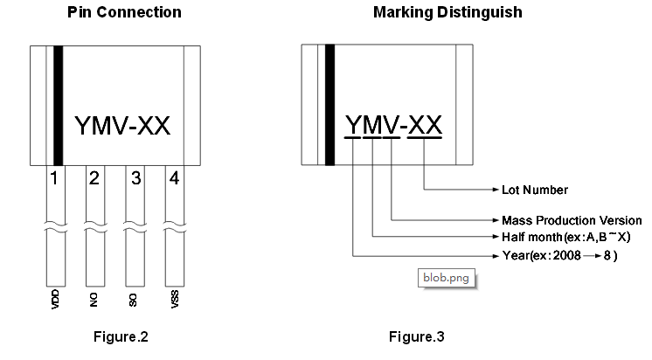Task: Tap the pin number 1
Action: point(54,179)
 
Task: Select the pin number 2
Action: point(94,179)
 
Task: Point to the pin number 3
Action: point(135,179)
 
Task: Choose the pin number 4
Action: point(175,179)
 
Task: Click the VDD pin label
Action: point(54,301)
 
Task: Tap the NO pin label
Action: point(94,301)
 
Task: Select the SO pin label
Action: point(135,301)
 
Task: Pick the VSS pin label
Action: point(175,301)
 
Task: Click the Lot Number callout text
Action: point(535,190)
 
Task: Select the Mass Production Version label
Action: point(572,220)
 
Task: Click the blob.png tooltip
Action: point(446,277)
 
